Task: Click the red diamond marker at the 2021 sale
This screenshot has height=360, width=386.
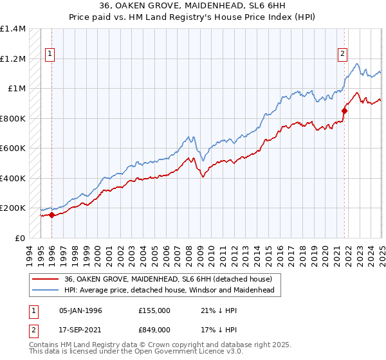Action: [344, 111]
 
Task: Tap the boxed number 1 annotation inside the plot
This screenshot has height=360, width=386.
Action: [50, 55]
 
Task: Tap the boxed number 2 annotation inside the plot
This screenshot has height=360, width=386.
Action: [342, 55]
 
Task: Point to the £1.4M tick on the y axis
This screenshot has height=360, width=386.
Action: [13, 29]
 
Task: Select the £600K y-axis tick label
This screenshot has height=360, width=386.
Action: [13, 148]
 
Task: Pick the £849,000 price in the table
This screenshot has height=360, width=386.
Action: [154, 330]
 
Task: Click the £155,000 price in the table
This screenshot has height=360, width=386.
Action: [154, 310]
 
